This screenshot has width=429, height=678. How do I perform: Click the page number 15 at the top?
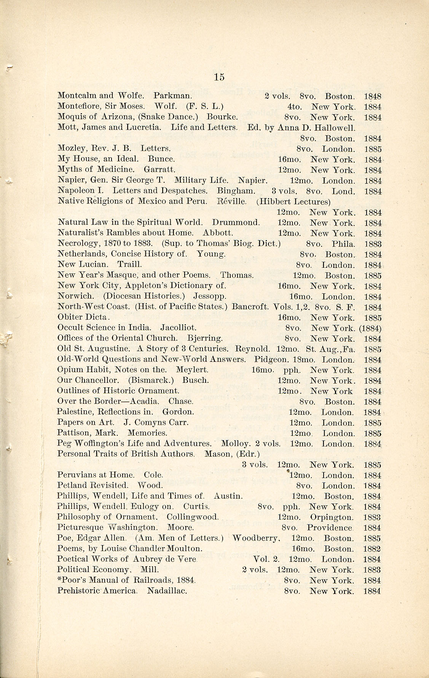(219, 77)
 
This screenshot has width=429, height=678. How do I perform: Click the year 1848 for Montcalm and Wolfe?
(373, 96)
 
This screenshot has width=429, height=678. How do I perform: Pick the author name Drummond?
(236, 222)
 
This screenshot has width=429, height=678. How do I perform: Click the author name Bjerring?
(205, 338)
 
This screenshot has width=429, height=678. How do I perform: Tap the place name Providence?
(330, 528)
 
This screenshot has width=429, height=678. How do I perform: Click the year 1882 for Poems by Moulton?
(372, 549)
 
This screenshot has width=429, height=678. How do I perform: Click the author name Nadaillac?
(167, 591)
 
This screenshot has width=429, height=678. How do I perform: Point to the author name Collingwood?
(193, 517)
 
